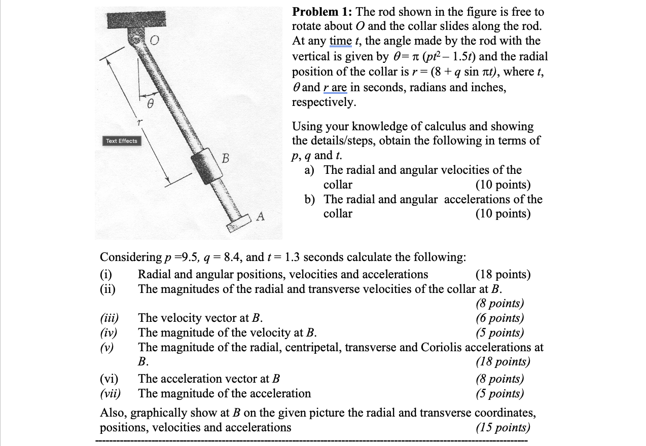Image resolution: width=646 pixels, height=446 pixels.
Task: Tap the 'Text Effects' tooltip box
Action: coord(121,141)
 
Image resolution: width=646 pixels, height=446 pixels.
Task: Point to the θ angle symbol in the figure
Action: coord(150,104)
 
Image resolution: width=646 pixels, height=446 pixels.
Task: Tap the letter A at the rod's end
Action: coord(260,217)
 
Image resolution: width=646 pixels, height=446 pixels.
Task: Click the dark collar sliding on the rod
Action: coord(205,166)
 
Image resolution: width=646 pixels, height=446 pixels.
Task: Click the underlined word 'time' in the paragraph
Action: coord(340,41)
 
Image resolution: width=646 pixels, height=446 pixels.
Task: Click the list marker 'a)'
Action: coord(310,170)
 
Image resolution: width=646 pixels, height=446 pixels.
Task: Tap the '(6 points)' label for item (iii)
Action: coord(499,318)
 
